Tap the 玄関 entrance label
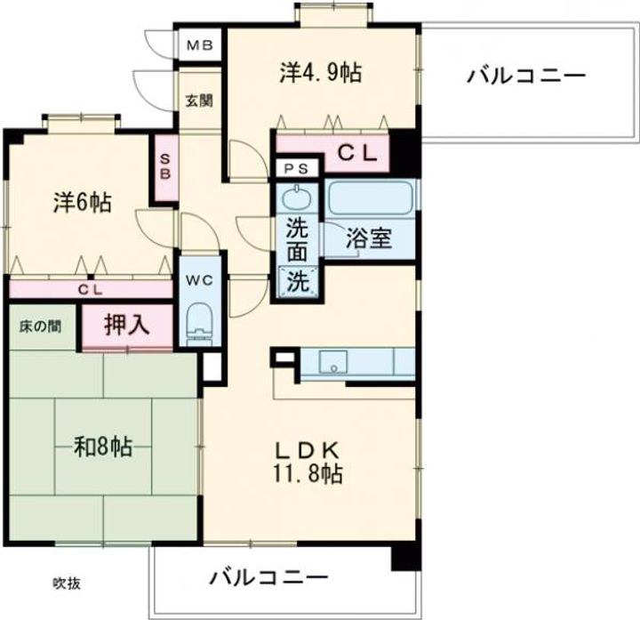click(x=198, y=101)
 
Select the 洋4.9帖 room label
click(x=320, y=74)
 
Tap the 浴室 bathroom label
click(x=369, y=238)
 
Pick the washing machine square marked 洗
click(x=298, y=282)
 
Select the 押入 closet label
click(x=126, y=326)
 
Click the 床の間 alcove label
click(x=41, y=326)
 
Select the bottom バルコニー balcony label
click(x=268, y=578)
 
